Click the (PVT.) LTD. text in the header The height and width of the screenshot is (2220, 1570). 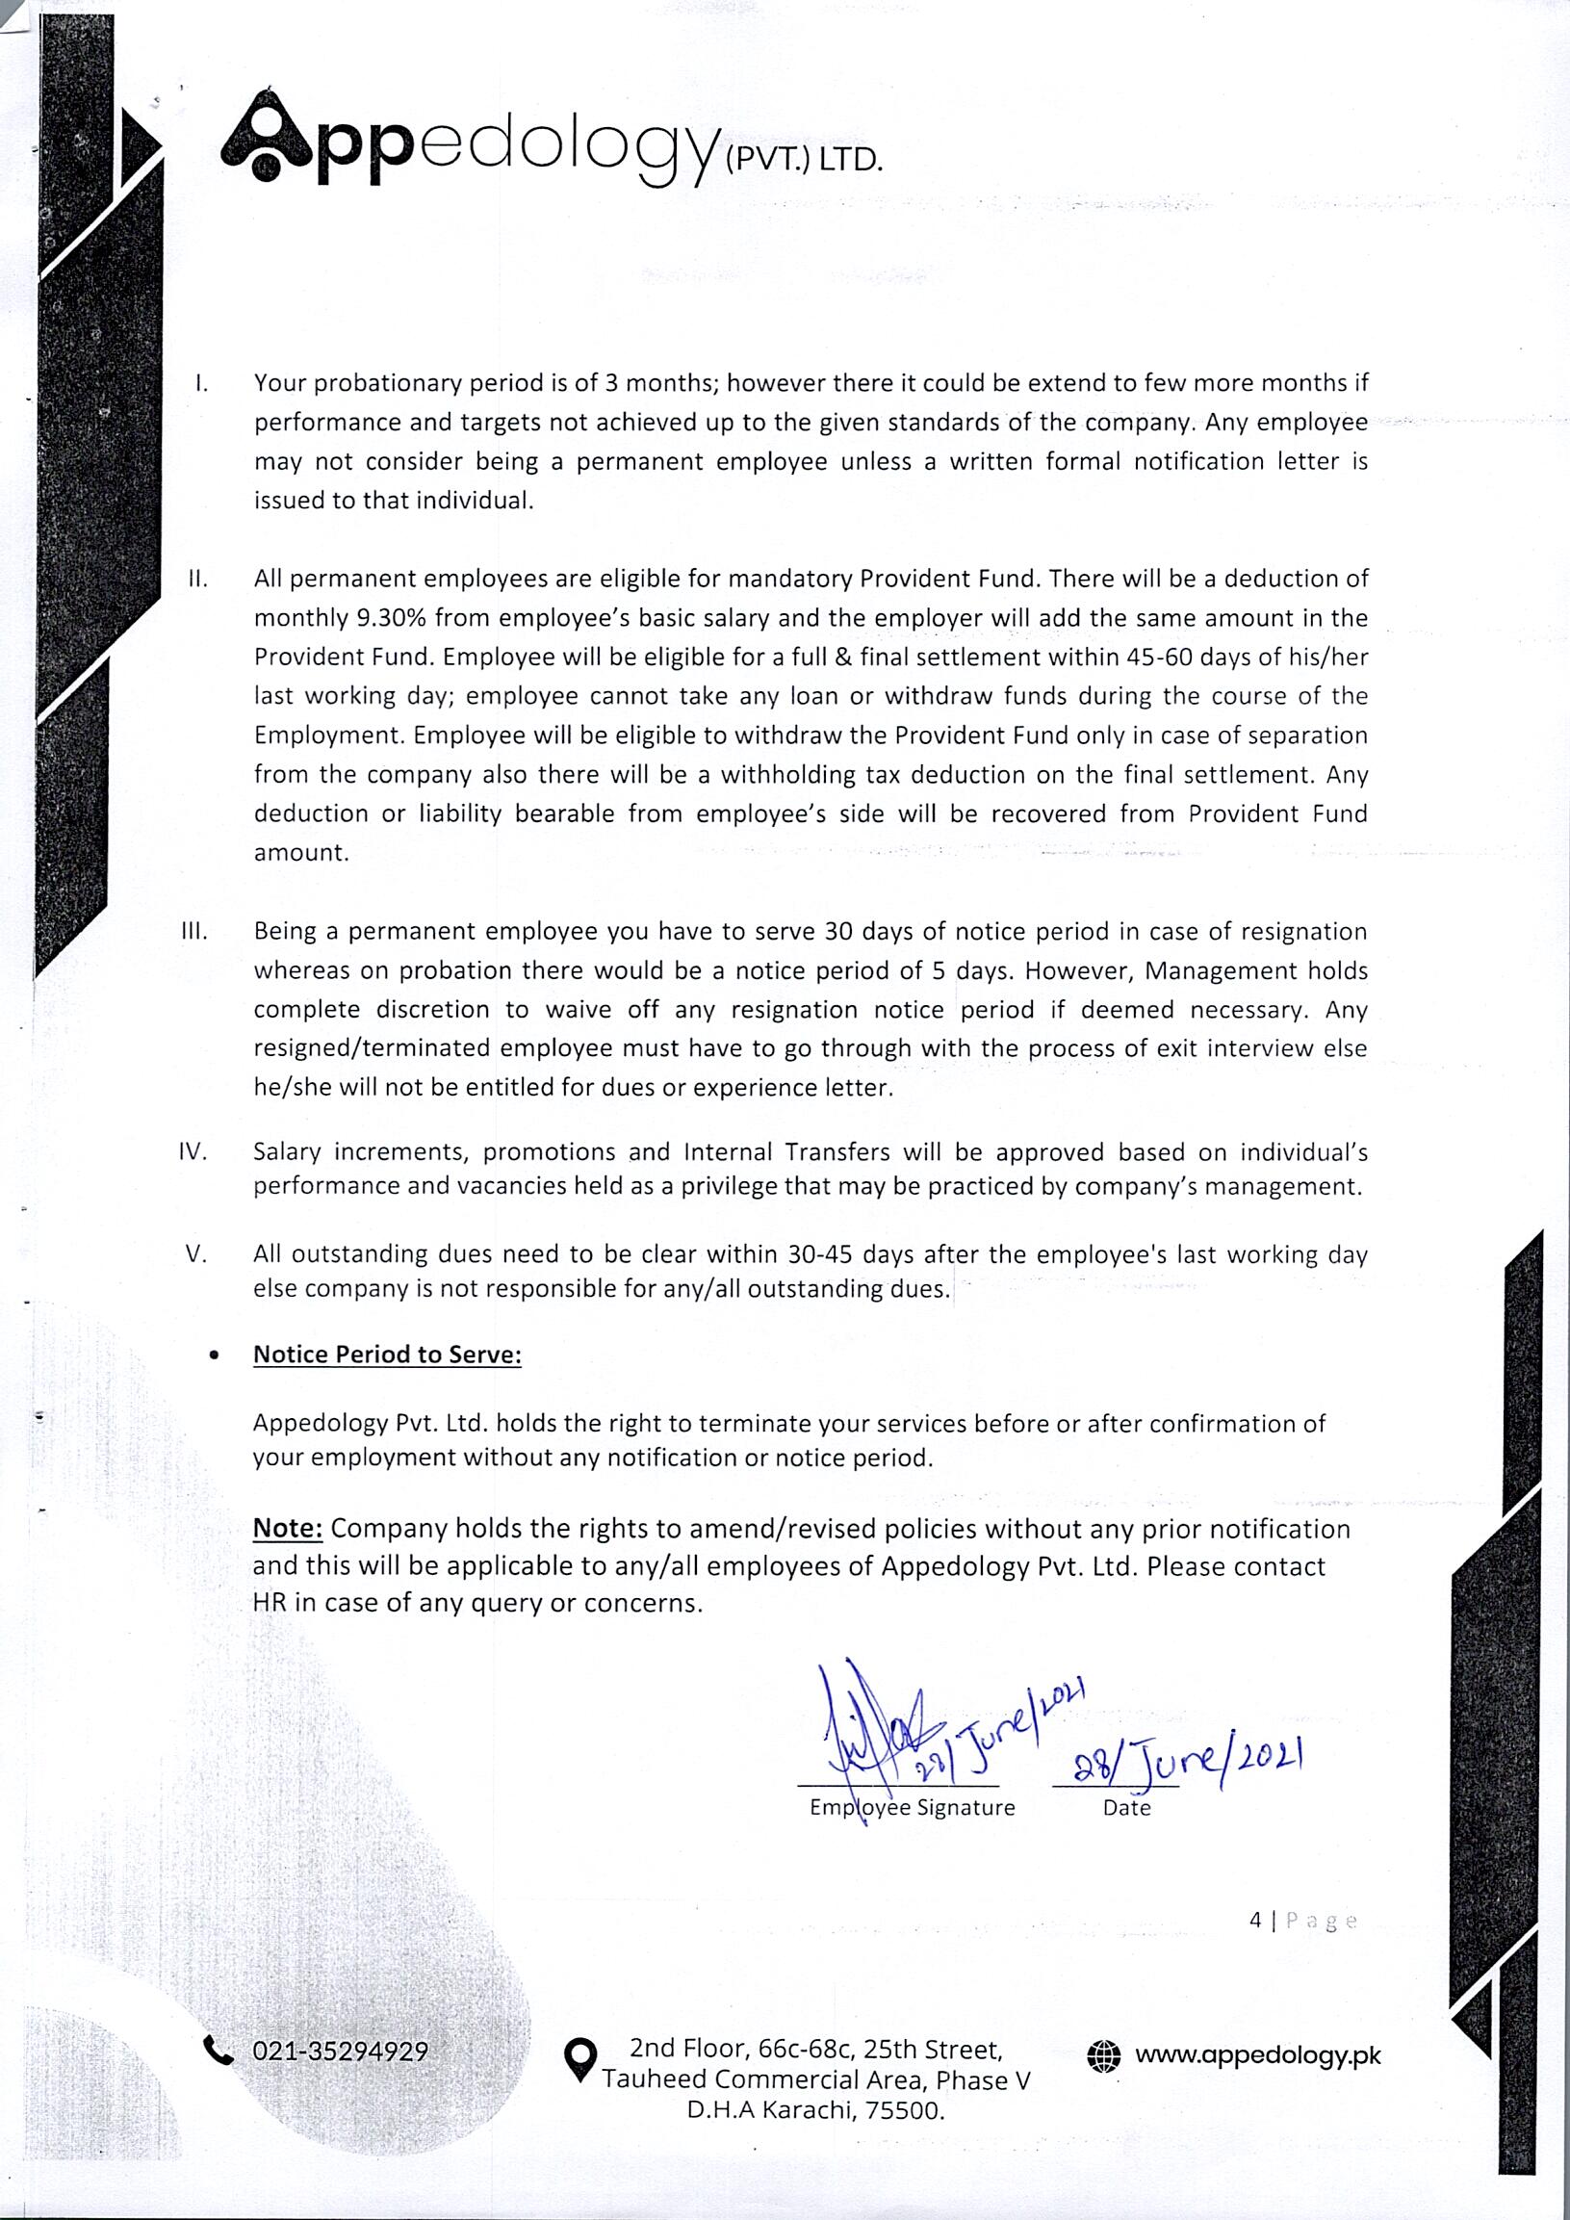pyautogui.click(x=803, y=159)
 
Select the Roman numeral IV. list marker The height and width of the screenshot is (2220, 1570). pyautogui.click(x=194, y=1151)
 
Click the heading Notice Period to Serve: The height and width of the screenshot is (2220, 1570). pyautogui.click(x=387, y=1355)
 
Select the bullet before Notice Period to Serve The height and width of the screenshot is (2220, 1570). pyautogui.click(x=213, y=1356)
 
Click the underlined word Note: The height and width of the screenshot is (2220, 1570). pyautogui.click(x=287, y=1529)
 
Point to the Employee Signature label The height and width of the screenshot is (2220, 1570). pyautogui.click(x=912, y=1807)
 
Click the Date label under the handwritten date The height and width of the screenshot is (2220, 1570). pyautogui.click(x=1126, y=1807)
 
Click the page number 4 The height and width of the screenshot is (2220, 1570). pyautogui.click(x=1255, y=1921)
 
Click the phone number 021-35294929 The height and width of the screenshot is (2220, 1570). pyautogui.click(x=341, y=2051)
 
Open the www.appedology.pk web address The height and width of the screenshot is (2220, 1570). pyautogui.click(x=1258, y=2054)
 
